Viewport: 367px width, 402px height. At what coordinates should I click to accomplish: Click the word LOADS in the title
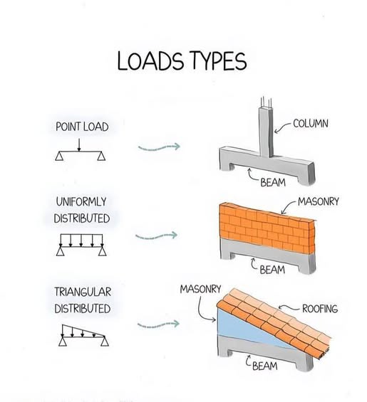pyautogui.click(x=150, y=61)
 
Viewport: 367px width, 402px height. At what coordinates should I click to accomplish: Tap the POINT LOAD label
pyautogui.click(x=82, y=127)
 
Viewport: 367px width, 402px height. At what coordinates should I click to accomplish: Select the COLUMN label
pyautogui.click(x=311, y=124)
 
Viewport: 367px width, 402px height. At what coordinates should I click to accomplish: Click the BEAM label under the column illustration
pyautogui.click(x=273, y=183)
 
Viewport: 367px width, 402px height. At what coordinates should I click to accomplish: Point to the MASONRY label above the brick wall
pyautogui.click(x=319, y=201)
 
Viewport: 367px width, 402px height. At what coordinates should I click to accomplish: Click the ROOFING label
pyautogui.click(x=320, y=309)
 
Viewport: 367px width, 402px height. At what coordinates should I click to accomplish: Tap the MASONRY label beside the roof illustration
pyautogui.click(x=200, y=289)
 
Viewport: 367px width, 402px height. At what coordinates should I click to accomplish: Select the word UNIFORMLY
pyautogui.click(x=81, y=202)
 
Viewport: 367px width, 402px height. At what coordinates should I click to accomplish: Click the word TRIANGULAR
pyautogui.click(x=83, y=292)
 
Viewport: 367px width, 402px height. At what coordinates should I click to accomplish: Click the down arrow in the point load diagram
pyautogui.click(x=79, y=145)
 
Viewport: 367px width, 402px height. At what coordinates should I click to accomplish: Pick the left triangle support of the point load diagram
pyautogui.click(x=59, y=156)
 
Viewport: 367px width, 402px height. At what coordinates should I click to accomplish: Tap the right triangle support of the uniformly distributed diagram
pyautogui.click(x=103, y=250)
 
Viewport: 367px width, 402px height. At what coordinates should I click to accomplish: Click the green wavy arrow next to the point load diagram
pyautogui.click(x=159, y=147)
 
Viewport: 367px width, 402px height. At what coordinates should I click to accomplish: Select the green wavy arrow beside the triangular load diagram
pyautogui.click(x=158, y=325)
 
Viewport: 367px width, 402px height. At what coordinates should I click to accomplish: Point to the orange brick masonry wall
pyautogui.click(x=267, y=228)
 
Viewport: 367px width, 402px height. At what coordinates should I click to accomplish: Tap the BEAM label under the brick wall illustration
pyautogui.click(x=272, y=270)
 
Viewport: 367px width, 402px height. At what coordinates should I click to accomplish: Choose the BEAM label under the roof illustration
pyautogui.click(x=265, y=366)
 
